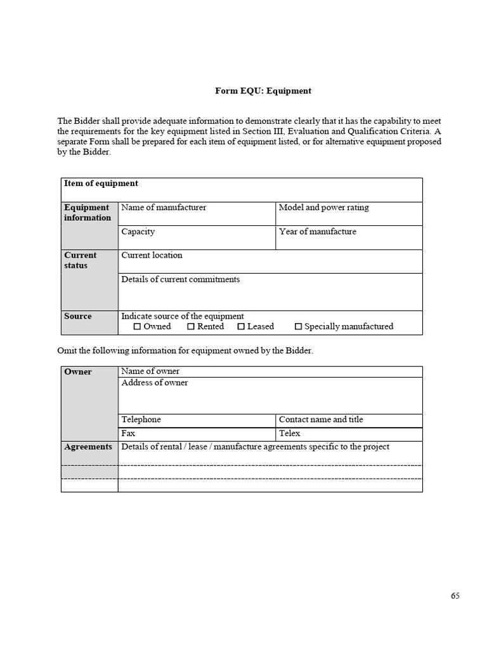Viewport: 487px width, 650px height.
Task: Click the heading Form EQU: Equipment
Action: tap(263, 91)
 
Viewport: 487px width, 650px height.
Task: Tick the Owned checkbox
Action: tap(137, 327)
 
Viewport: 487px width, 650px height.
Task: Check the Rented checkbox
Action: tap(191, 327)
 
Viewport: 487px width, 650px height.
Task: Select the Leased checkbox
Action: tap(241, 327)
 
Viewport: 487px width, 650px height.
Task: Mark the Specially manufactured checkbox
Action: tap(298, 327)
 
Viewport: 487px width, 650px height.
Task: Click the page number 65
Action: tap(455, 596)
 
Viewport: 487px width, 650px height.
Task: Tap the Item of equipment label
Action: tap(101, 183)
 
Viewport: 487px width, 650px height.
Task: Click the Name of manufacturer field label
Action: tap(164, 208)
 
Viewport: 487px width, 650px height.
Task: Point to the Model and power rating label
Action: tap(323, 208)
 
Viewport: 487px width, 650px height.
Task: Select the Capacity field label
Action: tap(138, 232)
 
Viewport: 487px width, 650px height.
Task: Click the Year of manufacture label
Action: tap(317, 232)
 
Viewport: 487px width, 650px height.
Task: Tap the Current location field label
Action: tap(152, 255)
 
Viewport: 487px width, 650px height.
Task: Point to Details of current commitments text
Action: tap(180, 279)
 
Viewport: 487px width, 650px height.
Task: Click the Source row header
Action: tap(77, 316)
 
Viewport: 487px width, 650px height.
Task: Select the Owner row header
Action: tap(77, 372)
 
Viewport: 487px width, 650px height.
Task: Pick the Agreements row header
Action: tap(88, 447)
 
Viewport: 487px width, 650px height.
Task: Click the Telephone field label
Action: tap(141, 420)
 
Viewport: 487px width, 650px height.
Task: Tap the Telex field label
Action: tap(289, 434)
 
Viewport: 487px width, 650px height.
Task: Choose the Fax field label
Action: tap(128, 434)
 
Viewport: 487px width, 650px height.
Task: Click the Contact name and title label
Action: tap(321, 420)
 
